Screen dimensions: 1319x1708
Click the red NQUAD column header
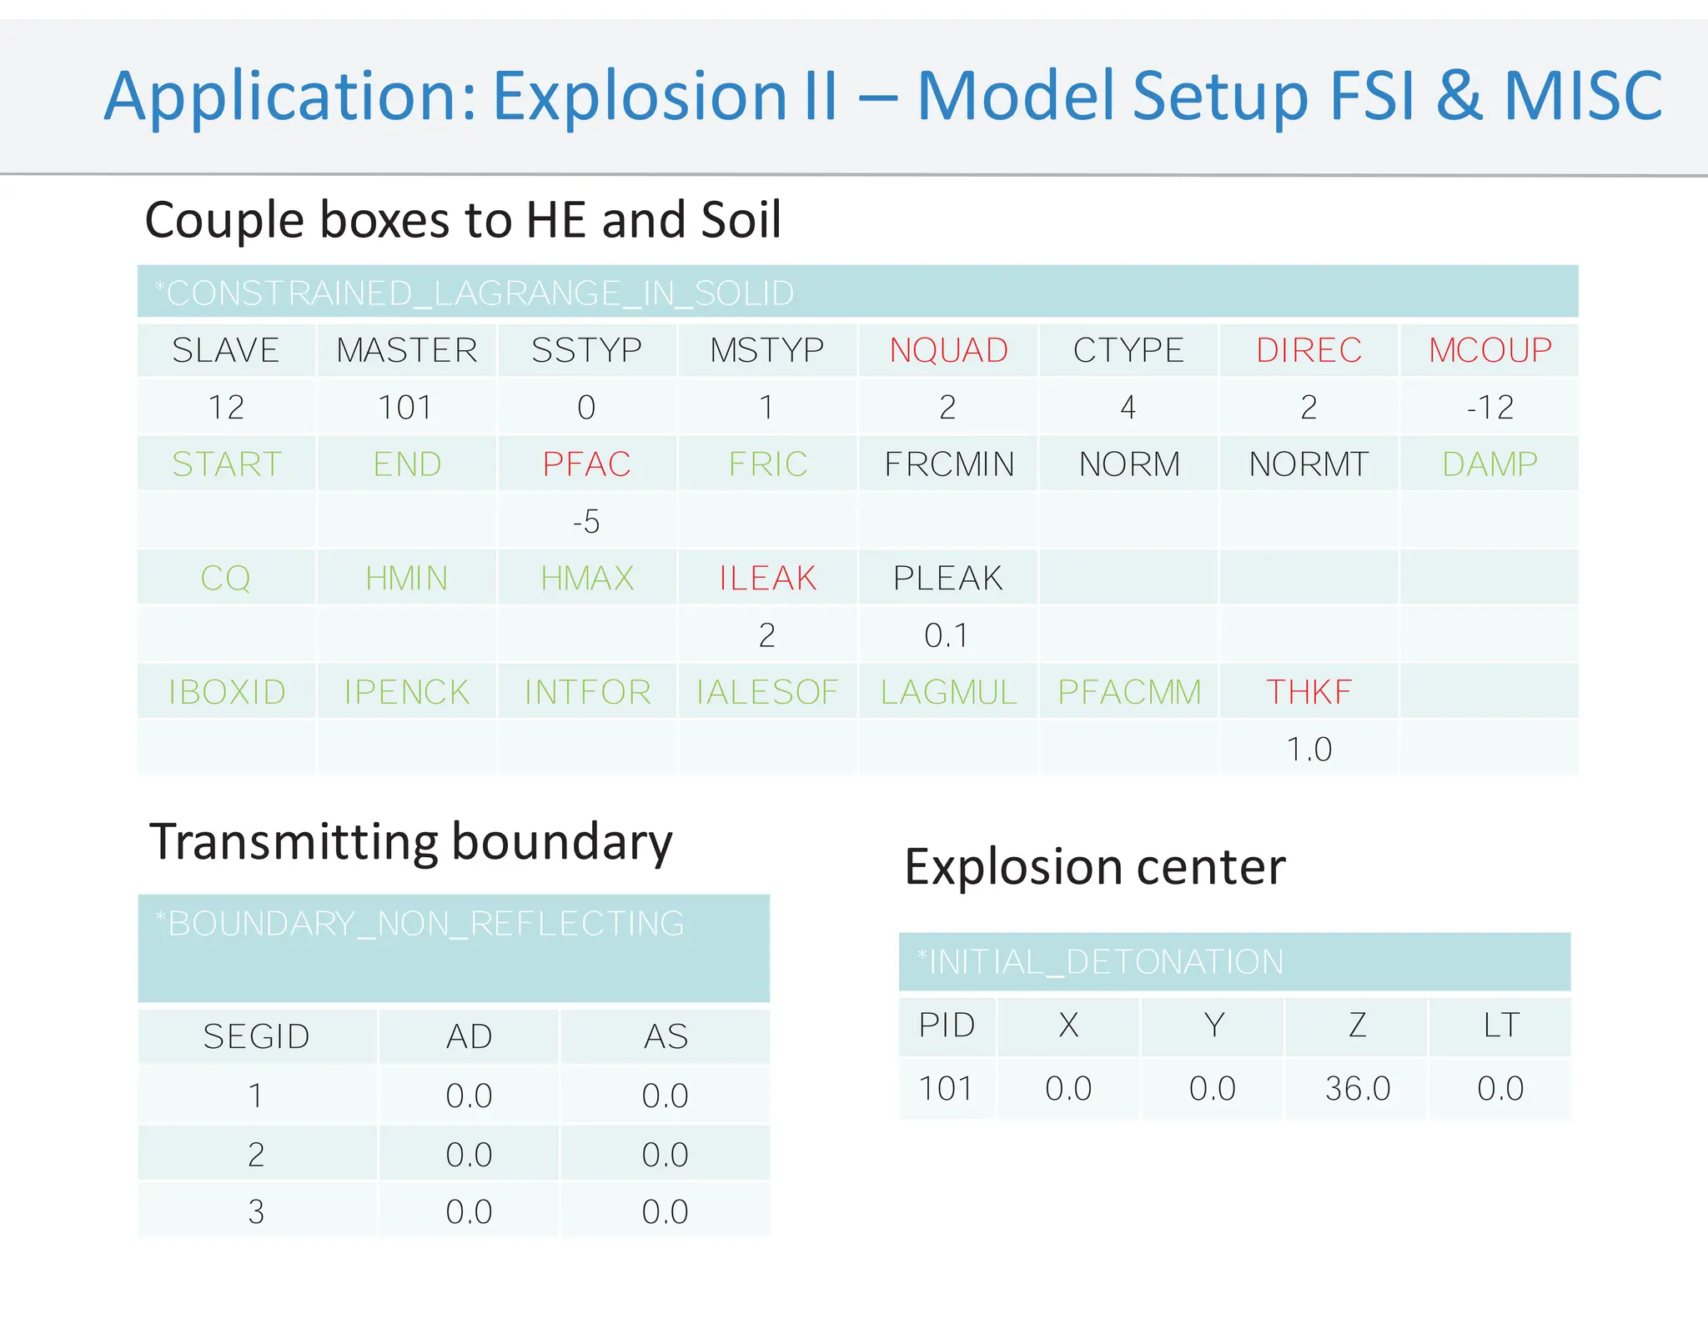[x=948, y=350]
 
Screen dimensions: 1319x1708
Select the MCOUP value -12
[x=1489, y=408]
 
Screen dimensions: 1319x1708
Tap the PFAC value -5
[x=586, y=522]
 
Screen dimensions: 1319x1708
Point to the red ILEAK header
[x=767, y=579]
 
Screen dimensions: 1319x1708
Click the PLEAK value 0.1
[x=947, y=636]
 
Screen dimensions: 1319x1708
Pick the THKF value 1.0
[x=1309, y=750]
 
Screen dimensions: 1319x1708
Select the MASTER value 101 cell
[x=405, y=408]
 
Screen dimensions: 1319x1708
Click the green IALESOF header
[x=767, y=692]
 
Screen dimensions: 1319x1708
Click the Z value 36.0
[x=1358, y=1089]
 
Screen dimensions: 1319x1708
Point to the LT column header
[x=1501, y=1026]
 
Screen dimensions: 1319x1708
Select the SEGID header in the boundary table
[x=256, y=1037]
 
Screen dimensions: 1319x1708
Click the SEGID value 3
[x=256, y=1211]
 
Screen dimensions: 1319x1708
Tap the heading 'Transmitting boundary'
[x=410, y=842]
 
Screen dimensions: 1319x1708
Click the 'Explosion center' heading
[x=1095, y=867]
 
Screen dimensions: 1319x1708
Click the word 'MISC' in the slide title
[x=1583, y=96]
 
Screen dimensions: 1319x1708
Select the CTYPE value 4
[x=1128, y=408]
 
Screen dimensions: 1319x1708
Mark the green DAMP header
[x=1489, y=464]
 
